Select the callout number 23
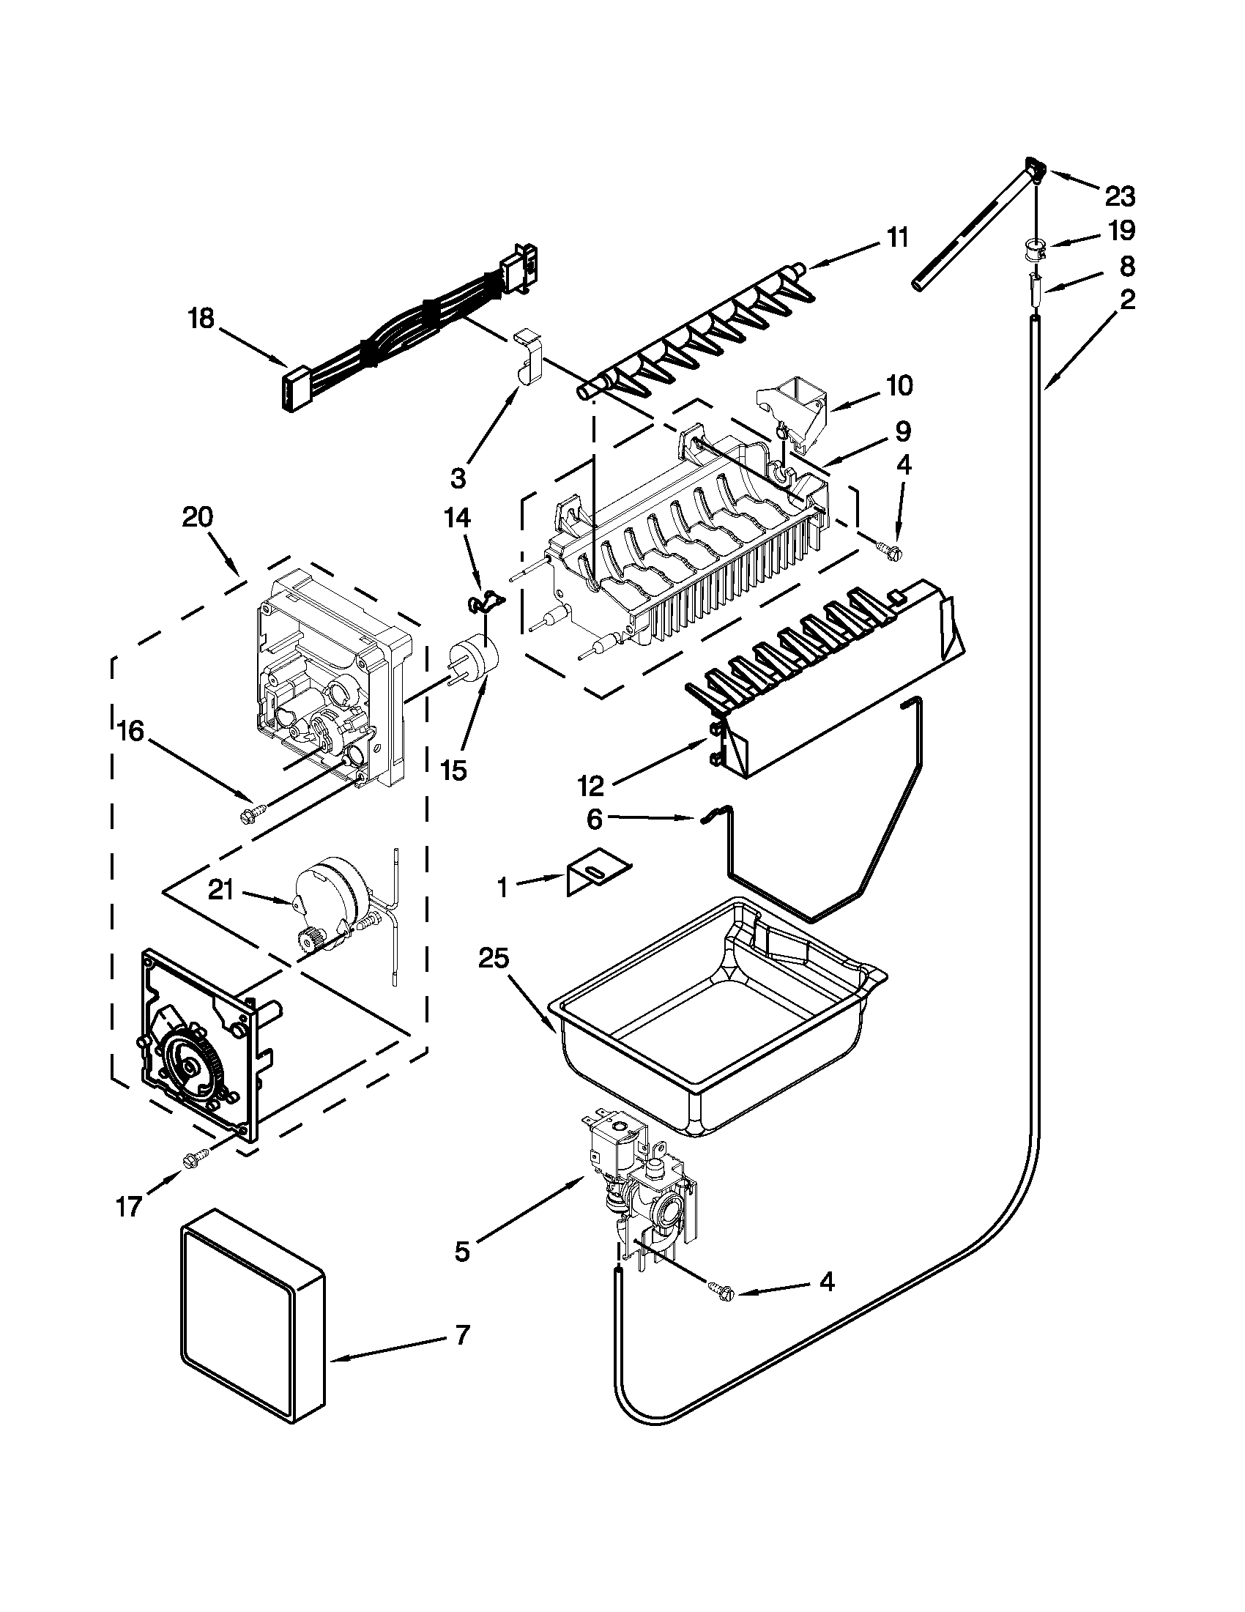coord(1120,196)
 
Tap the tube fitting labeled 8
coord(1036,286)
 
